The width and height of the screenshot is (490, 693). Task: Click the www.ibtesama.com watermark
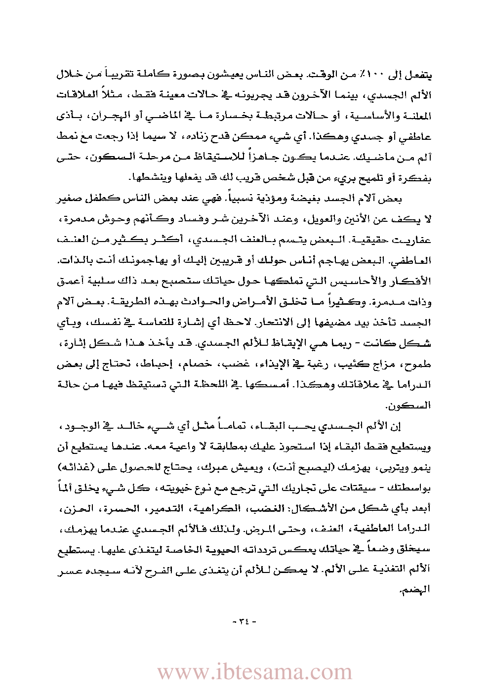point(254,672)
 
